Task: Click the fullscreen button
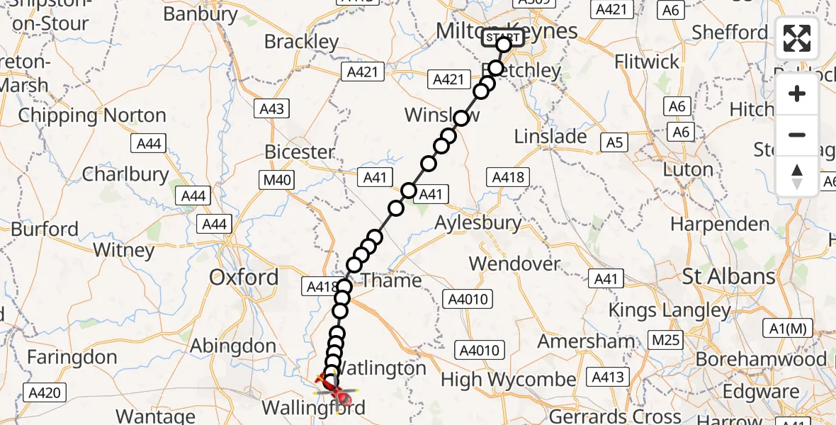[797, 38]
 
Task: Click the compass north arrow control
[797, 176]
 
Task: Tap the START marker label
[503, 37]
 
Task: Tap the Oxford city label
[244, 277]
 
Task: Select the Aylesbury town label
[478, 222]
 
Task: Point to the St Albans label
[728, 276]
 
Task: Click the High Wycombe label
[508, 380]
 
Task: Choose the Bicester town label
[299, 152]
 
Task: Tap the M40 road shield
[277, 180]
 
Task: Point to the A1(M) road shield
[788, 329]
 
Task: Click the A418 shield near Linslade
[509, 176]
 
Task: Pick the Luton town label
[688, 170]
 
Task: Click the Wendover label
[514, 263]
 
